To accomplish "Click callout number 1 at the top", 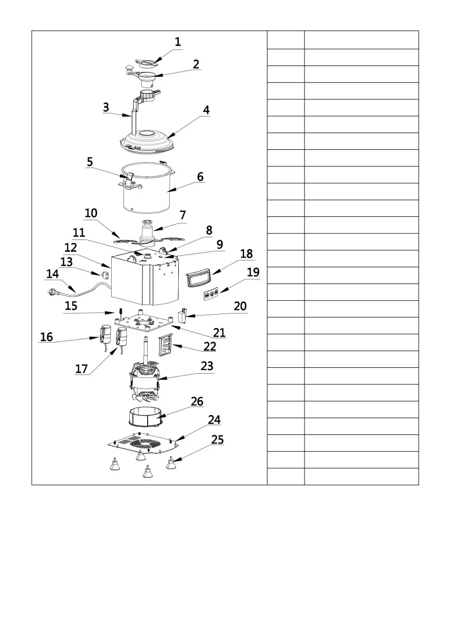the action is [178, 41].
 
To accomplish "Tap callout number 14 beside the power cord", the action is [53, 274].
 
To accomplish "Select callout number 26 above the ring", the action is [197, 402].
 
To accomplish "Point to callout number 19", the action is [253, 272].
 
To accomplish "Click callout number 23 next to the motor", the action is [207, 366].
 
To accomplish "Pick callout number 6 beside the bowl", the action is [200, 177].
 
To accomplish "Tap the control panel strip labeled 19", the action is [210, 294].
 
